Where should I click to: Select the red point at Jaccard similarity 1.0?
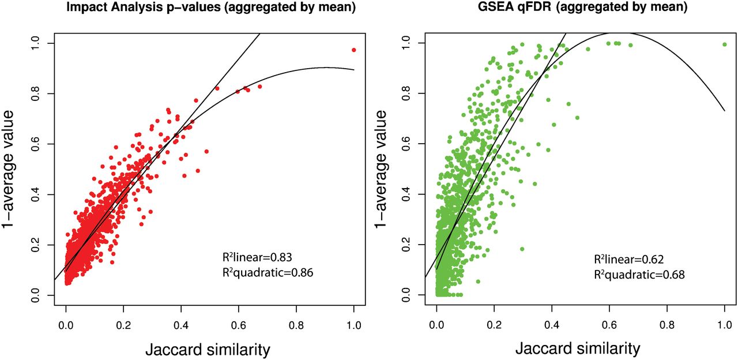coord(353,50)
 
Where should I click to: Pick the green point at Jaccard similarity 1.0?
coord(724,44)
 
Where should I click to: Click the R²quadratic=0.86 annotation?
coord(268,273)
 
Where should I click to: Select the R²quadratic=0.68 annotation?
coord(639,275)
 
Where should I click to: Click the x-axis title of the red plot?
coord(209,348)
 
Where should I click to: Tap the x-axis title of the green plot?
coord(577,348)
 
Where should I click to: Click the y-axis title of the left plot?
coord(13,168)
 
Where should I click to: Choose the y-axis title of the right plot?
coord(383,168)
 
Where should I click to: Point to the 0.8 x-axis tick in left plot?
coord(296,325)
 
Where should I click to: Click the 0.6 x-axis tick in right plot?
coord(609,325)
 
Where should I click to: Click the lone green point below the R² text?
coord(478,282)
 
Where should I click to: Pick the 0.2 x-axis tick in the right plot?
coord(494,325)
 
